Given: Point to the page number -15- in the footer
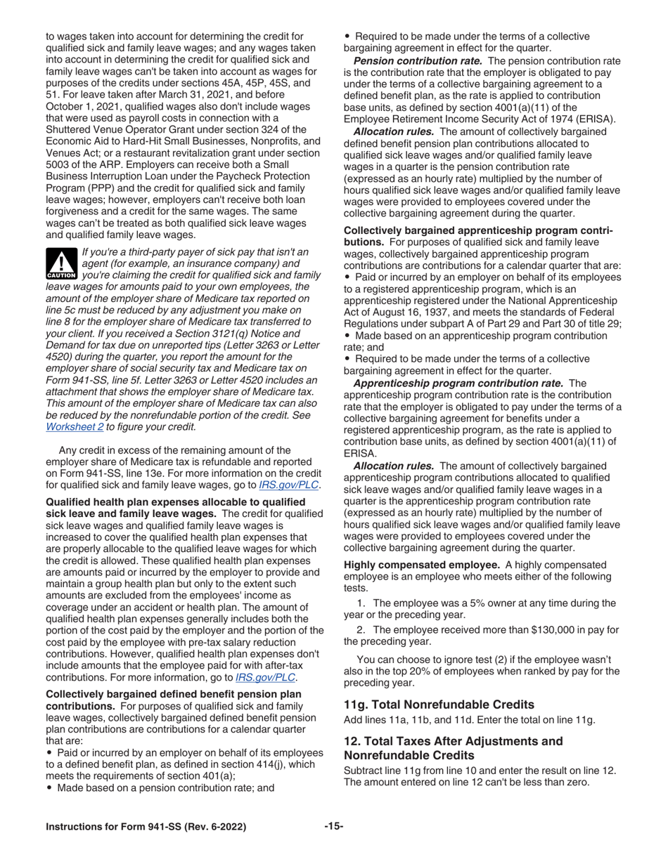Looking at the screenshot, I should pos(334,827).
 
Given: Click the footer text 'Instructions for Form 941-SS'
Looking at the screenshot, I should pos(146,827).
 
